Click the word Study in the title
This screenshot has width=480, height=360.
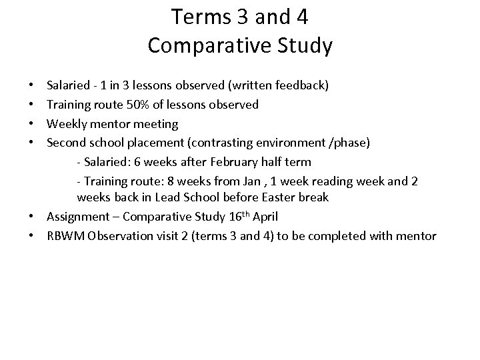coord(302,45)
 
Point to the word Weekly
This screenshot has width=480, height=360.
coord(66,123)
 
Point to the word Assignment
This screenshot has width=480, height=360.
coord(76,217)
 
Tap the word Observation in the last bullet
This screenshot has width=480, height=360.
coord(119,236)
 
